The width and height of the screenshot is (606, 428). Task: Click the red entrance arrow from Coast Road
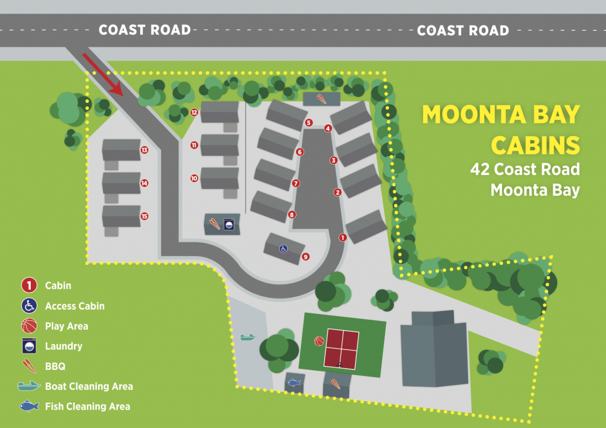102,74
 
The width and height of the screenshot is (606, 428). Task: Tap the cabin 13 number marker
144,150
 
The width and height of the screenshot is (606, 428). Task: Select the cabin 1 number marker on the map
342,237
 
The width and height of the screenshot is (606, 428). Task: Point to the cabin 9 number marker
305,257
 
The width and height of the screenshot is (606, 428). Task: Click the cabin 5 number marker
308,122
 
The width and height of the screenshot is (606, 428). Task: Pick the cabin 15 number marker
144,216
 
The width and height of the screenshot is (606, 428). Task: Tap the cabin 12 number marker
194,112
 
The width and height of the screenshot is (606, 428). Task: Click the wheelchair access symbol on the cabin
283,249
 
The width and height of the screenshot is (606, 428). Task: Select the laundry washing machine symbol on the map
228,224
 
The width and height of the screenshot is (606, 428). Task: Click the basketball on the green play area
318,341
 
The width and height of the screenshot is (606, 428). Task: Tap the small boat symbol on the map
248,338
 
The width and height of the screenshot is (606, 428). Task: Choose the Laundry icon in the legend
29,346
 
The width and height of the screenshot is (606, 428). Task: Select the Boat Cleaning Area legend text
89,386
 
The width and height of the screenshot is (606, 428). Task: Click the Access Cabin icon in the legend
29,306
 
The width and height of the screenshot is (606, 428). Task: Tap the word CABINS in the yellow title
536,144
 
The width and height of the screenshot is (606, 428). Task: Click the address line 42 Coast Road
525,170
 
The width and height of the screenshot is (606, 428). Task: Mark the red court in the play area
341,348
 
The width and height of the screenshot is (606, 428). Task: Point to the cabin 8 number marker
292,215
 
